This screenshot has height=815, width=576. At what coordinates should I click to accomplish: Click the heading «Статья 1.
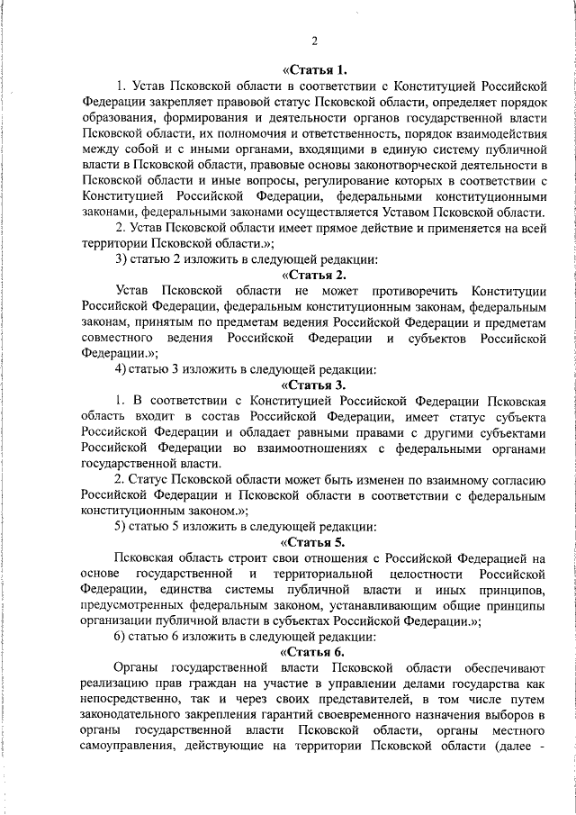(314, 69)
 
